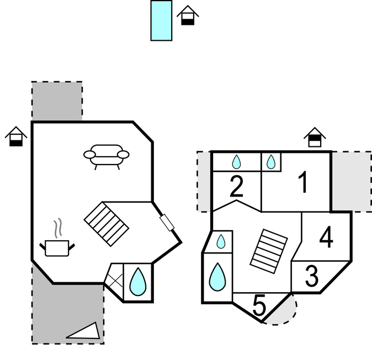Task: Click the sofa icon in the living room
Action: (x=107, y=157)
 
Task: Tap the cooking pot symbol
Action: (x=57, y=248)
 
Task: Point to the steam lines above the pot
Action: (x=57, y=228)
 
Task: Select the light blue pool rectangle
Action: (x=161, y=20)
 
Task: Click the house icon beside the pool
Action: (x=188, y=15)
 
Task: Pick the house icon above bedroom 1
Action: (x=315, y=137)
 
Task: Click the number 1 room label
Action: (x=303, y=182)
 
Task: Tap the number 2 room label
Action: (x=237, y=186)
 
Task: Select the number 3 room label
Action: (x=311, y=276)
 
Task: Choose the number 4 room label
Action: (x=326, y=237)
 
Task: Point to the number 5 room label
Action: (x=259, y=305)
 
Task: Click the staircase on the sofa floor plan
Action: (x=107, y=224)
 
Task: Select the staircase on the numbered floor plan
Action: (x=269, y=251)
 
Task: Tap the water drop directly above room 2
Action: (x=236, y=162)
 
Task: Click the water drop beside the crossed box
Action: (x=138, y=282)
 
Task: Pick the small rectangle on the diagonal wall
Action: (x=167, y=223)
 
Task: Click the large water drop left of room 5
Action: (x=217, y=277)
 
